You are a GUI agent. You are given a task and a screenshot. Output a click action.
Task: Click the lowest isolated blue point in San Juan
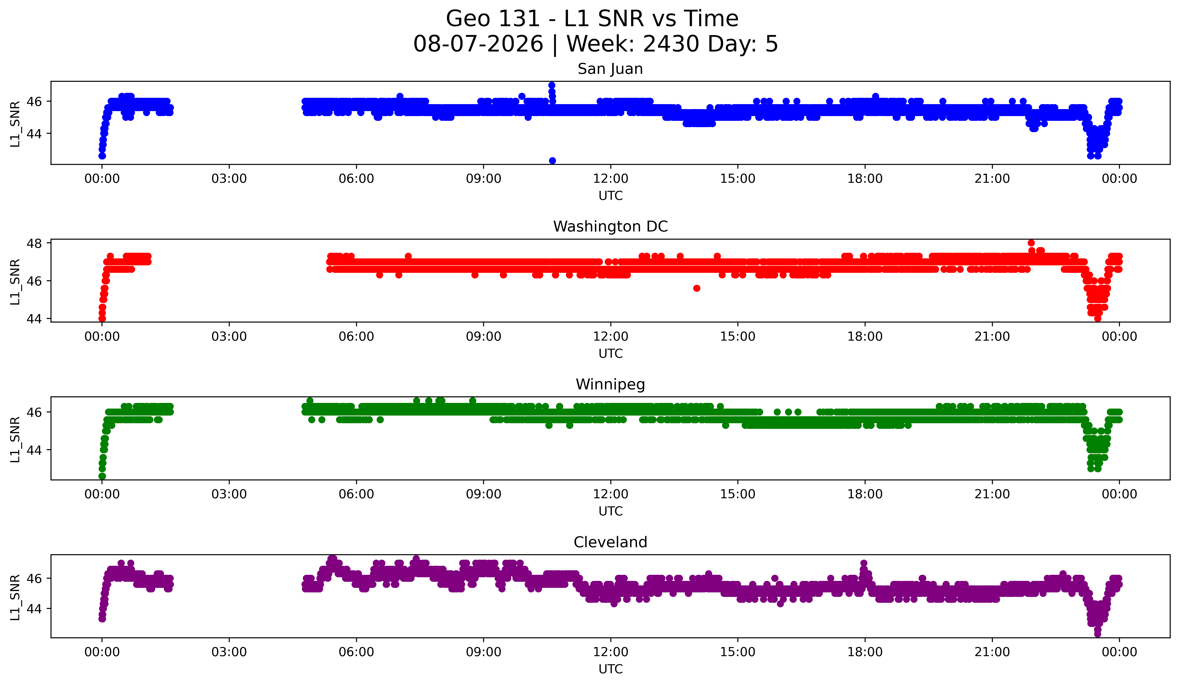[552, 161]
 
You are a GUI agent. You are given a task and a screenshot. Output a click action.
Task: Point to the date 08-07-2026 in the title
[478, 44]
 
